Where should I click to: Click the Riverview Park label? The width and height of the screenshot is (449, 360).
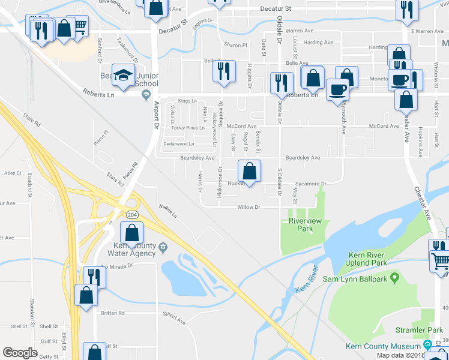coord(301,225)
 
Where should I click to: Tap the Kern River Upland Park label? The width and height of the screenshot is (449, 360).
coord(366,259)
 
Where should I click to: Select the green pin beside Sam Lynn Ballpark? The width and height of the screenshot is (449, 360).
coord(394,278)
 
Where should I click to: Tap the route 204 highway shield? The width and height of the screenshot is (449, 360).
coord(131,215)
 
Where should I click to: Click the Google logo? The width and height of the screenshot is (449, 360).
coord(20,353)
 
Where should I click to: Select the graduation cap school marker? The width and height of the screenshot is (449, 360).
coord(124,76)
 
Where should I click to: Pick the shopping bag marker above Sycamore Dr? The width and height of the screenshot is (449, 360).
coord(250,171)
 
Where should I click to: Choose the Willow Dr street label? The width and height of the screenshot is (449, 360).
coord(248,207)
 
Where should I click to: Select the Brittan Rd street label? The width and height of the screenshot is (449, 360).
coord(113,313)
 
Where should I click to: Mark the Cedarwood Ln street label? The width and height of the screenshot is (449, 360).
coord(182,144)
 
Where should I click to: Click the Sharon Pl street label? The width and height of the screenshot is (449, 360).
coord(235,45)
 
